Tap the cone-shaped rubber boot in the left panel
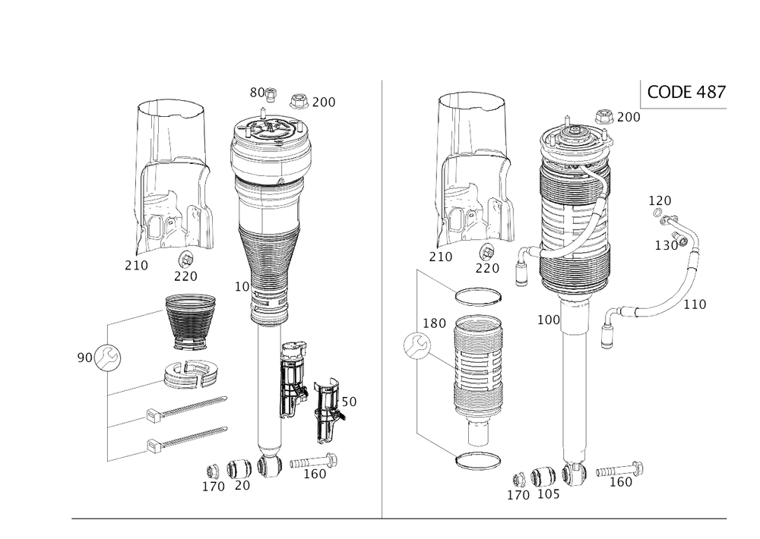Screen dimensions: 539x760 point(189,321)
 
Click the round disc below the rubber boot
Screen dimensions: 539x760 point(192,374)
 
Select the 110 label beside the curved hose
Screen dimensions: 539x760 point(696,304)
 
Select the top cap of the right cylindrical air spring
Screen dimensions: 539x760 point(575,137)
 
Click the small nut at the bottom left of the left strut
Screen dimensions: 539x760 point(216,471)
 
